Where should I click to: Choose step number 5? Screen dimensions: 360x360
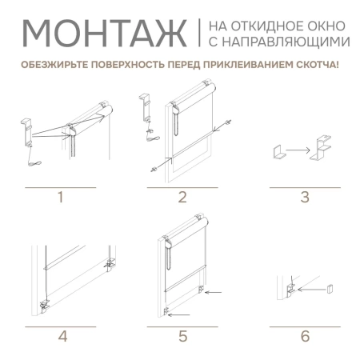pyautogui.click(x=182, y=337)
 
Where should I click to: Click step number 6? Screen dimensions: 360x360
pyautogui.click(x=305, y=337)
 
